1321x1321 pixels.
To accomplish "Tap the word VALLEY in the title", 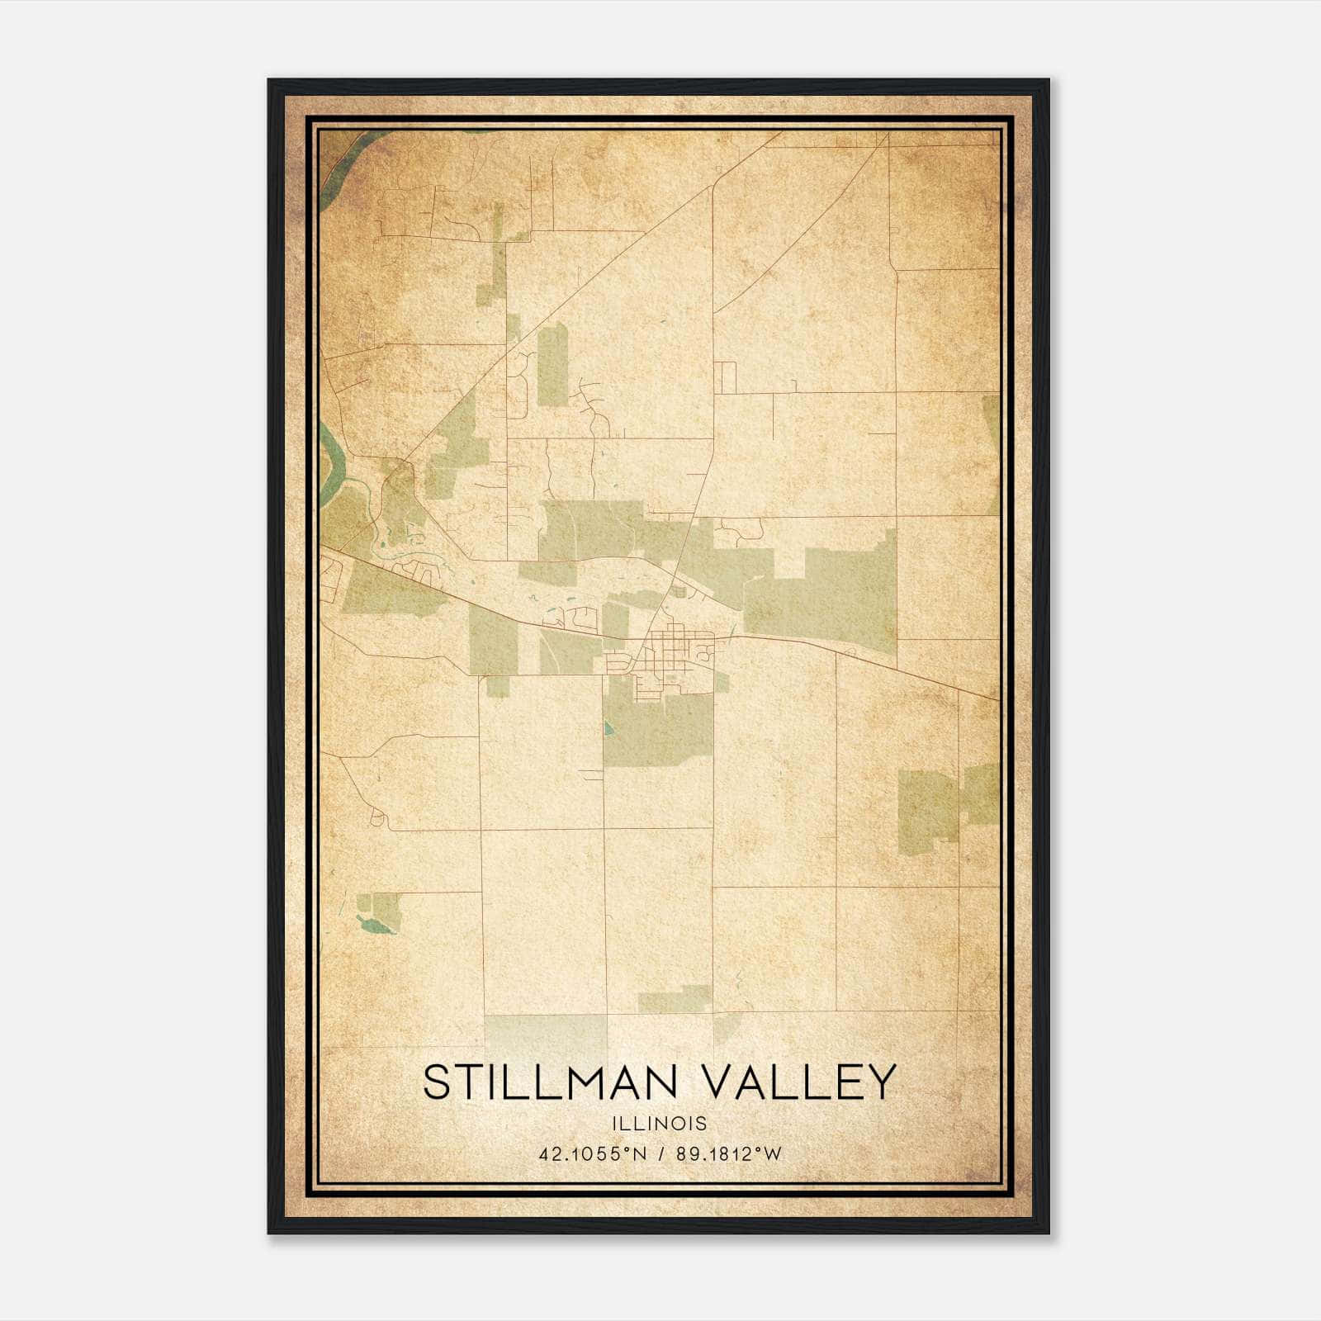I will (801, 1082).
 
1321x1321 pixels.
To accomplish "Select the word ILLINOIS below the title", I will (660, 1124).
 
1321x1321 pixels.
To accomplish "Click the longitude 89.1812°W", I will (728, 1154).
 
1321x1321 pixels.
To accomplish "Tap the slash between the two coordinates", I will (661, 1154).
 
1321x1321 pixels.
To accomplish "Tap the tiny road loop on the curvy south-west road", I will (379, 818).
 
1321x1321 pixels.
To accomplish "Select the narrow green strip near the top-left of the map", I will (495, 256).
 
